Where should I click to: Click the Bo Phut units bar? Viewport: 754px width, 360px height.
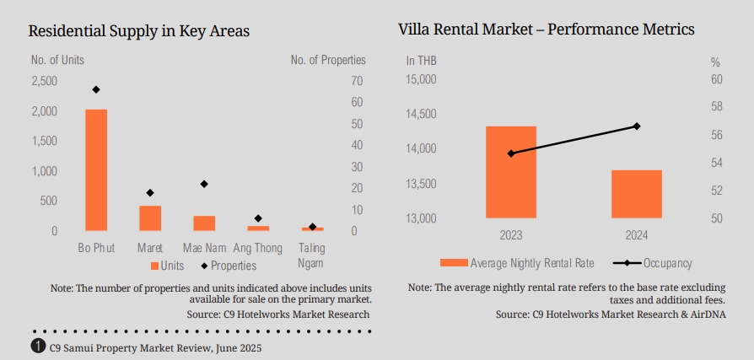(x=96, y=169)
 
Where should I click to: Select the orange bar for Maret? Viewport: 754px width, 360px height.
(x=150, y=218)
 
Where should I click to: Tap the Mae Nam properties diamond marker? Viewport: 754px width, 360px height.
(x=204, y=184)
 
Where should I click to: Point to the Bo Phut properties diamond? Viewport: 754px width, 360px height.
(x=96, y=89)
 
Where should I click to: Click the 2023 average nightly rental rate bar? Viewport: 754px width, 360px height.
(x=510, y=172)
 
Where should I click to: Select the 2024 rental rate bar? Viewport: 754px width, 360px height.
(x=637, y=194)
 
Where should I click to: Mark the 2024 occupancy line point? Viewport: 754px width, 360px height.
(x=637, y=126)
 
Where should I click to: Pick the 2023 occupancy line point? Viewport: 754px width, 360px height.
(x=510, y=153)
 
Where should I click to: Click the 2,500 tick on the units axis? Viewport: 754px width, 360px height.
(x=44, y=81)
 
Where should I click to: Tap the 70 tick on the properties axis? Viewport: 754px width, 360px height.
(x=356, y=81)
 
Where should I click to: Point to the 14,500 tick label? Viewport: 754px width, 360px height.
(x=421, y=114)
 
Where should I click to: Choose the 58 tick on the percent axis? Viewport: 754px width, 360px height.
(x=717, y=107)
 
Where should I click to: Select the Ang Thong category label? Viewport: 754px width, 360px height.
(x=258, y=249)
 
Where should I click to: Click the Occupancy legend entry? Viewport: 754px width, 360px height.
(x=666, y=263)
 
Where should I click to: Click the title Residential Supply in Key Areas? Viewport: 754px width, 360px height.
(x=139, y=32)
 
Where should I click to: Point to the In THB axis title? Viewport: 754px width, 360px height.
(x=421, y=61)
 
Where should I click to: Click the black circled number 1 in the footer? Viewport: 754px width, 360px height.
(x=38, y=347)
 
